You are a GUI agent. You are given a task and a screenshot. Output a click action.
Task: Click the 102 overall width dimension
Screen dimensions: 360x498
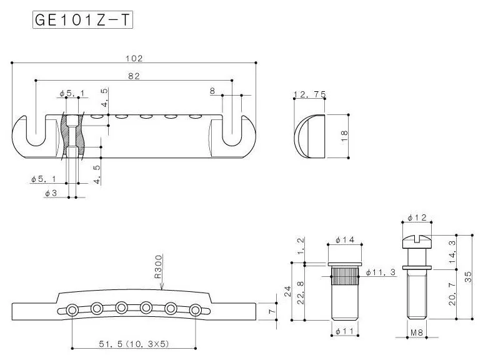point(134,58)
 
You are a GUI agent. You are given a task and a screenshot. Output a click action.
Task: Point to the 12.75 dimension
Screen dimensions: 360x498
point(309,94)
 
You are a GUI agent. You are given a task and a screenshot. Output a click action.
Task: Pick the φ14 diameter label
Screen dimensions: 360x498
point(346,239)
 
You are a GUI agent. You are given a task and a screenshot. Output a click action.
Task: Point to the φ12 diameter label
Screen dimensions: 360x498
point(417,217)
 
